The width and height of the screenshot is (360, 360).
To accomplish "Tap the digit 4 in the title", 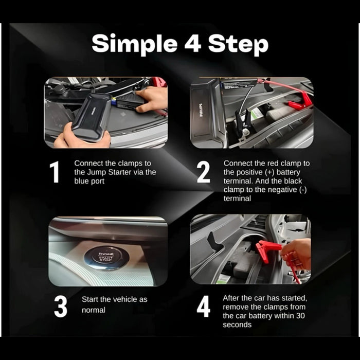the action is point(193,43).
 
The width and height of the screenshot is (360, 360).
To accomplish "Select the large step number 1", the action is point(55,172).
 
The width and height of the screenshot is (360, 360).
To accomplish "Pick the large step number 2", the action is point(204,172).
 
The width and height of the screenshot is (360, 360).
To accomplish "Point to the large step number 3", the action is point(61,307).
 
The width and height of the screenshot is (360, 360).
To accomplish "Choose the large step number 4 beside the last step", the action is point(204,307).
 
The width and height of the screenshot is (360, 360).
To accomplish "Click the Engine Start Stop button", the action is point(106,257).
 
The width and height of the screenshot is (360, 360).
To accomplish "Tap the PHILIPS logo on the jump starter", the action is point(201,111).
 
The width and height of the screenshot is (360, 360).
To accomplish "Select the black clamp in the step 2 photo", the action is point(243,124).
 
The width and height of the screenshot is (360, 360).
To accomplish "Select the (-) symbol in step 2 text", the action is point(303,190).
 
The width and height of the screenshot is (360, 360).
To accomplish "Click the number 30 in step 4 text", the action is point(300,316).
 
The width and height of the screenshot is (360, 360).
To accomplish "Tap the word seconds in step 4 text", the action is point(237,325).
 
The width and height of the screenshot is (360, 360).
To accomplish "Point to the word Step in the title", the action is point(238,45).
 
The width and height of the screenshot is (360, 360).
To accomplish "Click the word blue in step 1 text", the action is point(81,181).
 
